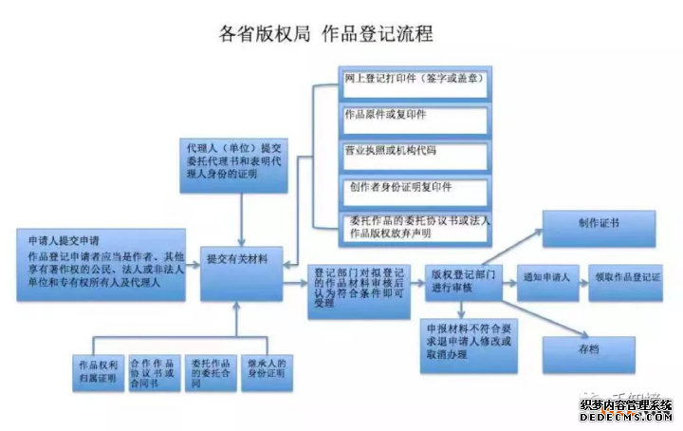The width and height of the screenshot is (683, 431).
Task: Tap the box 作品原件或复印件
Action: click(x=414, y=119)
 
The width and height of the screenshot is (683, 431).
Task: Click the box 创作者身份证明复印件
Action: click(x=414, y=191)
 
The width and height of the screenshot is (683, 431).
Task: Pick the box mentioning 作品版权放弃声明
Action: click(x=414, y=228)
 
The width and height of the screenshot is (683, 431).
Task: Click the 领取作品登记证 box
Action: click(x=627, y=281)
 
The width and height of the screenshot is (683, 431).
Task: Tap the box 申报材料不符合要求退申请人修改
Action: click(x=464, y=342)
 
